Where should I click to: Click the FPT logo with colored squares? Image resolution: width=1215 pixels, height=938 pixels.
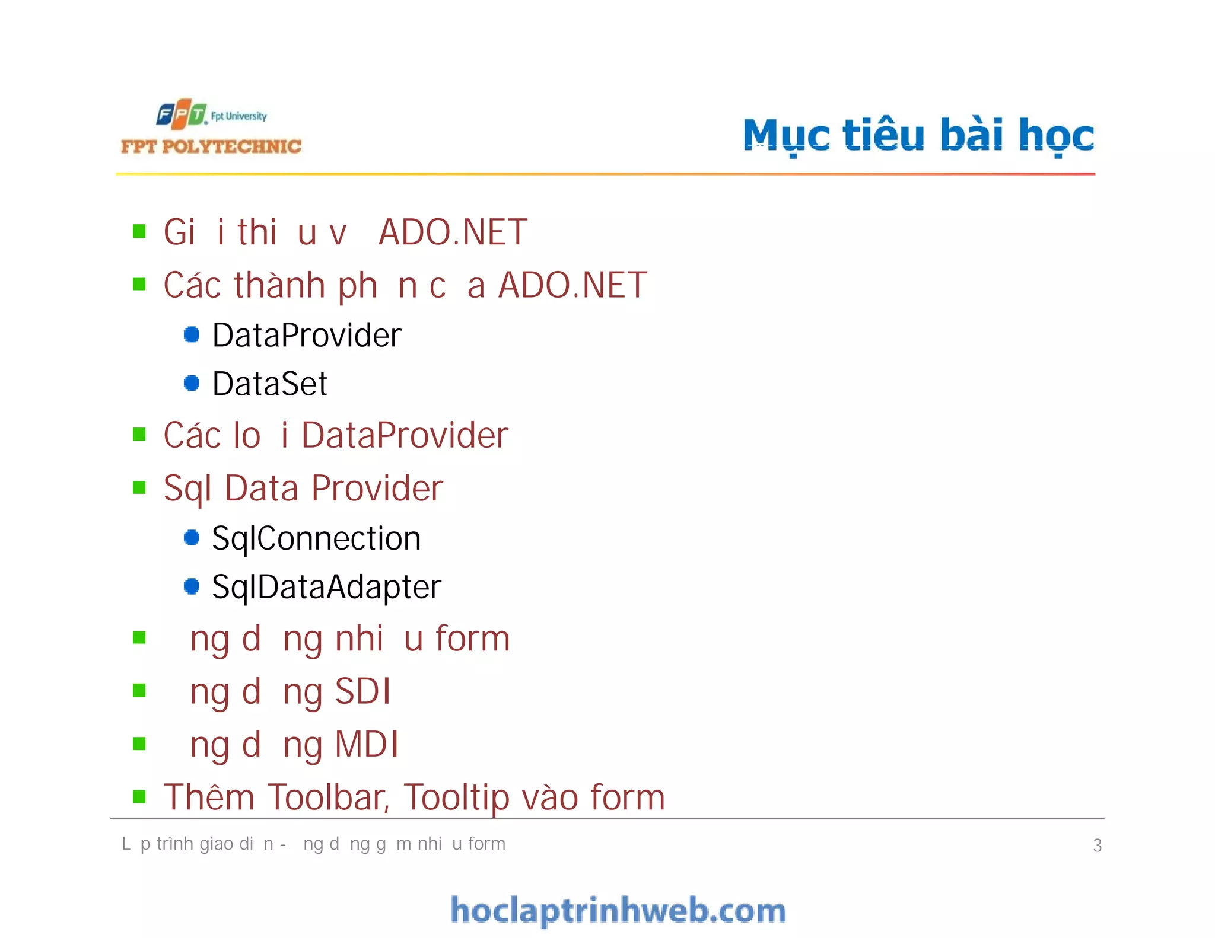coord(182,114)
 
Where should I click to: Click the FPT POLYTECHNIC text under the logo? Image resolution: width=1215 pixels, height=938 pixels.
coord(211,146)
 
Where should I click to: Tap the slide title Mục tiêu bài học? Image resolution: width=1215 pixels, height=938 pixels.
coord(918,135)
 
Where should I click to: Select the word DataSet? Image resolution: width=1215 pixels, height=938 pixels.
coord(270,384)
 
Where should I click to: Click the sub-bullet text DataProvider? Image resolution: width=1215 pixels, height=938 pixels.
coord(307,335)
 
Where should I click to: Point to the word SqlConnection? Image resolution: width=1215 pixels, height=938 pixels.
coord(316,538)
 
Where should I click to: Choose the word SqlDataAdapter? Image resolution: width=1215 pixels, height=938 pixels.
coord(326,587)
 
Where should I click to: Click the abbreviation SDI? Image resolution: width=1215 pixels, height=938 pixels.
coord(362,691)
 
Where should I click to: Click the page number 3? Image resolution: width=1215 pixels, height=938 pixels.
coord(1097,845)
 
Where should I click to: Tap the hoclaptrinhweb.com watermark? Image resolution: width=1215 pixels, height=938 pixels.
coord(618,910)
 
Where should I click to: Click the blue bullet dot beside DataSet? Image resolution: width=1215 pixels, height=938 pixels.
coord(192,383)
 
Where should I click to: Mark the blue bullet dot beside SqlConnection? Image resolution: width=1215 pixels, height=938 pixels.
coord(192,538)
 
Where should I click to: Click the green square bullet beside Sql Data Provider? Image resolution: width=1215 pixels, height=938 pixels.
coord(139,487)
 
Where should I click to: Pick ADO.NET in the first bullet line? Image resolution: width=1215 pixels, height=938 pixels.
coord(453,232)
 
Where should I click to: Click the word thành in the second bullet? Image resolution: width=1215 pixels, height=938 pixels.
coord(279,285)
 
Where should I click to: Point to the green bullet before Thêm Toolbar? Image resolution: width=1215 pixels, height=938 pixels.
coord(139,796)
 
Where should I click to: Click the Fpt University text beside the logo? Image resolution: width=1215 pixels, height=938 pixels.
coord(238,116)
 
